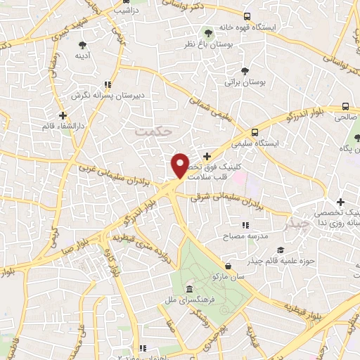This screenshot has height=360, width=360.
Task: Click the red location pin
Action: click(x=181, y=165)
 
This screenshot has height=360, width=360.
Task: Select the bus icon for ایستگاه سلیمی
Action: click(x=254, y=131)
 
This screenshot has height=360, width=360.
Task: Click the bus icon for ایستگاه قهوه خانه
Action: click(x=246, y=16)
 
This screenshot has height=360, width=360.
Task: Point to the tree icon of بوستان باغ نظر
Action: click(x=207, y=32)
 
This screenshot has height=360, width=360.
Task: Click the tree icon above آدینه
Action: click(x=83, y=44)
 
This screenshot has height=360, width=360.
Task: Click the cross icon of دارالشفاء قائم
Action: click(x=63, y=115)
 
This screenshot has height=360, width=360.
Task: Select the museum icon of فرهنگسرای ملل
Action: click(x=188, y=290)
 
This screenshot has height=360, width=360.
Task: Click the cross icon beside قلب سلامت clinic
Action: click(x=206, y=156)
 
